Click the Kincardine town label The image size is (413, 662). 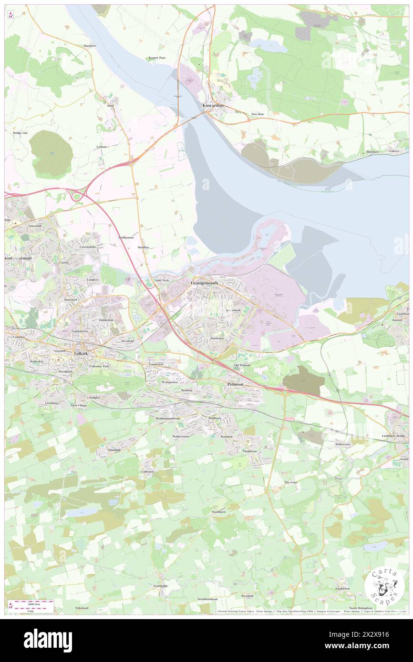click(x=213, y=105)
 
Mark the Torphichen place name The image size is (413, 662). click(x=342, y=589)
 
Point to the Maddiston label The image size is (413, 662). click(x=249, y=451)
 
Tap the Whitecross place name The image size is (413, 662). click(x=342, y=444)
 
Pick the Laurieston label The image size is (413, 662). click(x=156, y=364)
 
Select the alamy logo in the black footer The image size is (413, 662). click(x=48, y=640)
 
